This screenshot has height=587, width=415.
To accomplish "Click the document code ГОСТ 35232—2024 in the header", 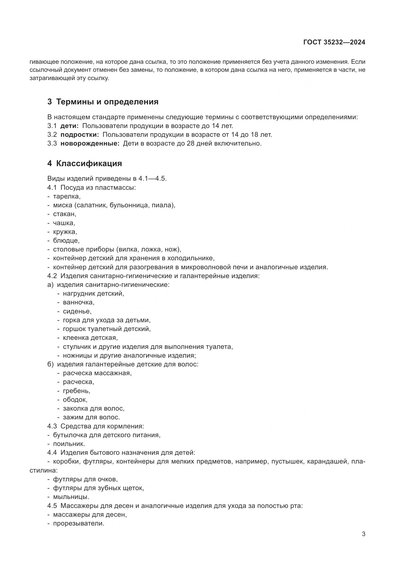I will [334, 42].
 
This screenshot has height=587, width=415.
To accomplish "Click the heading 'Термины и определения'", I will [107, 102].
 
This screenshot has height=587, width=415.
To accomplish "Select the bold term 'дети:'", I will [70, 126].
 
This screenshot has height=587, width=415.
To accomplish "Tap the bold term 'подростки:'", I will [80, 135].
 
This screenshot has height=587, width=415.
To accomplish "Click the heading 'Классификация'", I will [89, 163].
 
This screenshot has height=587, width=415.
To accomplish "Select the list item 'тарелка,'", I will [67, 196].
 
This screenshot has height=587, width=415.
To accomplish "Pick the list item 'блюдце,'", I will [66, 241].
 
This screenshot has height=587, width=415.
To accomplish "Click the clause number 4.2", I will [52, 276].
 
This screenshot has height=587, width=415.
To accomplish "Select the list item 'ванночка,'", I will [79, 302].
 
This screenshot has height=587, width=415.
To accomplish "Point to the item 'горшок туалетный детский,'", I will [107, 329].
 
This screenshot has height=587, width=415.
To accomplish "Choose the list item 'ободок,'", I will [75, 400].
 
